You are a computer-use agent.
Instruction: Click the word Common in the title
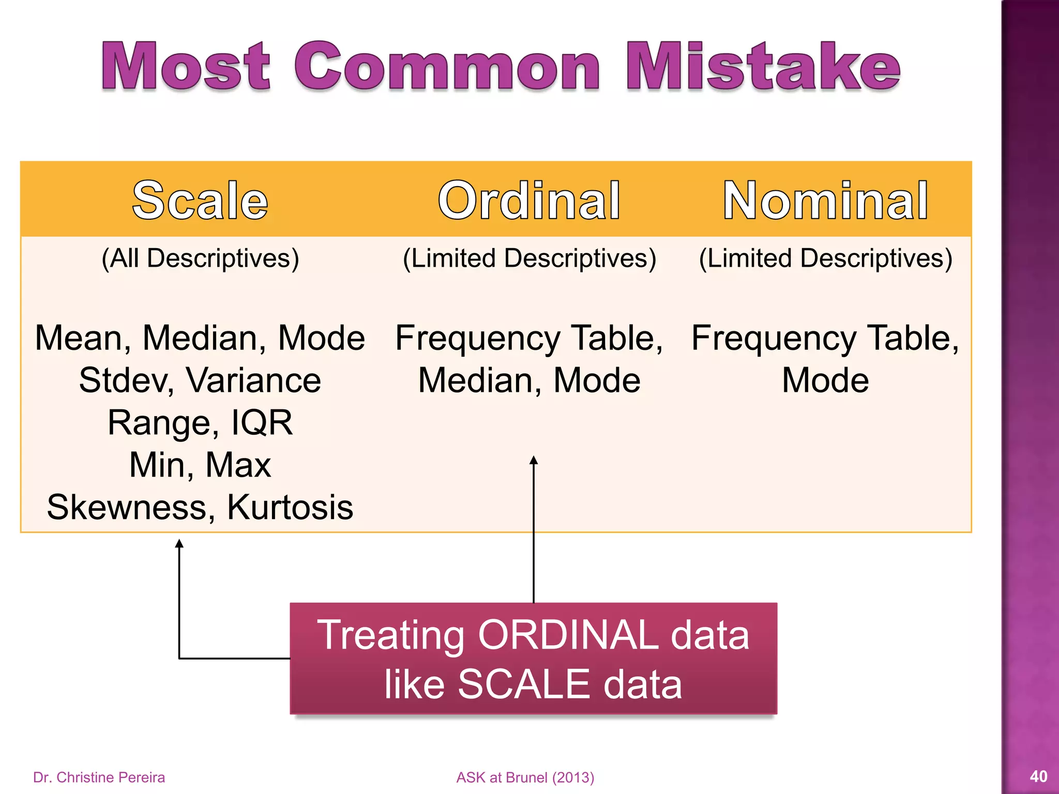coord(447,67)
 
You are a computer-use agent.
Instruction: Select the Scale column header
coord(200,201)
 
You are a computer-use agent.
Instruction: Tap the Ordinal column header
coord(528,201)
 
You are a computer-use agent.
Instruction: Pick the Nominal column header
coord(825,201)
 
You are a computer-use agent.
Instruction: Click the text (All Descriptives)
coord(200,258)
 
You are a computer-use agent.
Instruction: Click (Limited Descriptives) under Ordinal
coord(529,258)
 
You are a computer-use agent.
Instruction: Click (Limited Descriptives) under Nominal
coord(825,258)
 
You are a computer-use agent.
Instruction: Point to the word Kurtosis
coord(290,507)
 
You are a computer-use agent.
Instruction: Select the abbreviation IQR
coord(262,423)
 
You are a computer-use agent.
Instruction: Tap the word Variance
coord(253,380)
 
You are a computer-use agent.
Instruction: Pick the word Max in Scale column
coord(238,465)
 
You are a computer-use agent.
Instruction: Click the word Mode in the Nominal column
coord(825,380)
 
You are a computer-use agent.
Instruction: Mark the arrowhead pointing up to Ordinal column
coord(534,460)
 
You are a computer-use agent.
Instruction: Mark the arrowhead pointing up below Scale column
coord(179,543)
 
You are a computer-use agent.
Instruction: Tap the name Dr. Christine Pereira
coord(99,777)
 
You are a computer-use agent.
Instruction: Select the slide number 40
coord(1038,776)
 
